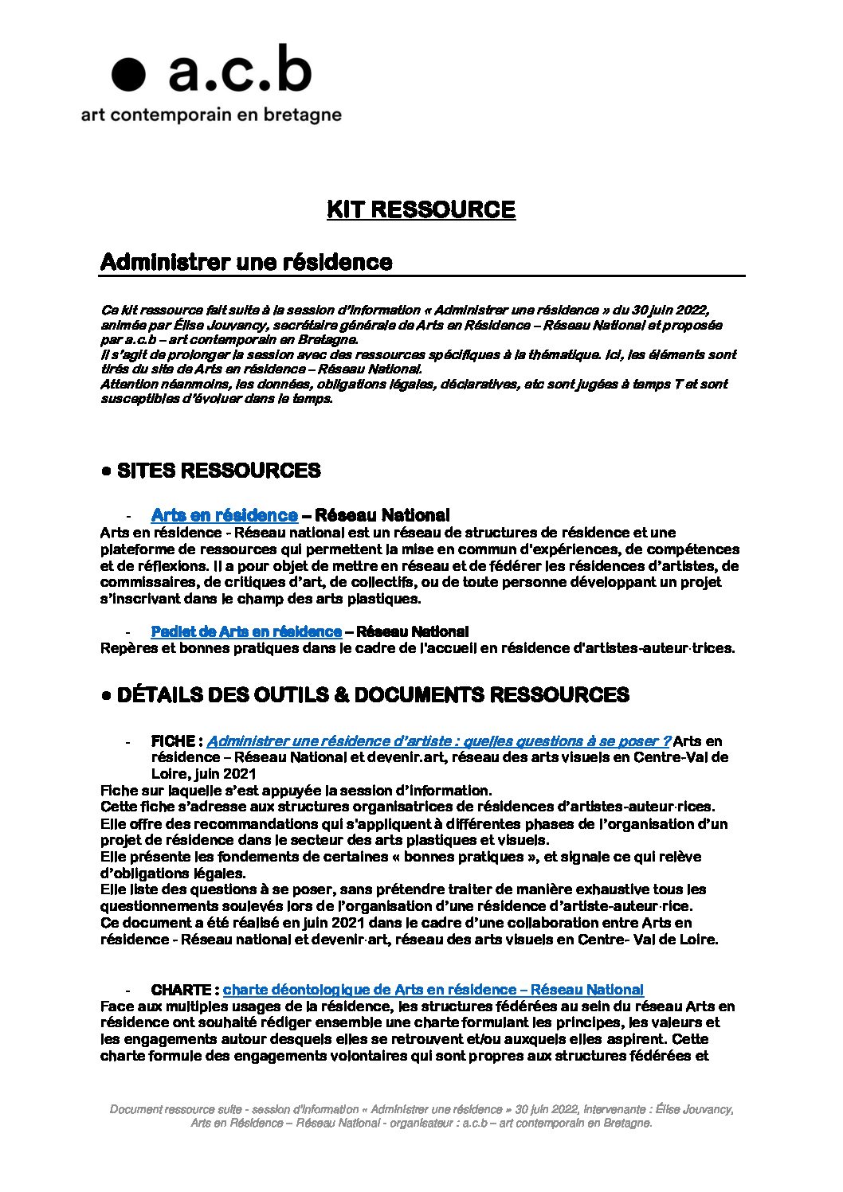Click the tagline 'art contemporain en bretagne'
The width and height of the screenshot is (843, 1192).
pos(211,115)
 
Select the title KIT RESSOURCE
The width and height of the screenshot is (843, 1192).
pos(421,209)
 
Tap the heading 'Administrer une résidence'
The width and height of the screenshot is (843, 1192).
pos(246,262)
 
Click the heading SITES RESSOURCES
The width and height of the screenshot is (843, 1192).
pos(218,471)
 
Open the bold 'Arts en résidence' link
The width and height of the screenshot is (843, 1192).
pos(224,515)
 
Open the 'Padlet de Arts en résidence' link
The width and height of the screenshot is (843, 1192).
pos(246,631)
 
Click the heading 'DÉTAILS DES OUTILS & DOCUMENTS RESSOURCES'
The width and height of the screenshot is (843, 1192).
pos(373,695)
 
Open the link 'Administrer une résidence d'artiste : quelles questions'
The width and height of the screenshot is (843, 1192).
pos(438,741)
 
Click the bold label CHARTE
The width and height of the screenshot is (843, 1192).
pos(181,990)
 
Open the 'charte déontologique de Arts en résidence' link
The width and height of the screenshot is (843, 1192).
pos(433,990)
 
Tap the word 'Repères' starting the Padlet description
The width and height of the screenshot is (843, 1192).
pos(126,648)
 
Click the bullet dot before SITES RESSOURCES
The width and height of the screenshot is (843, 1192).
pos(106,471)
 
